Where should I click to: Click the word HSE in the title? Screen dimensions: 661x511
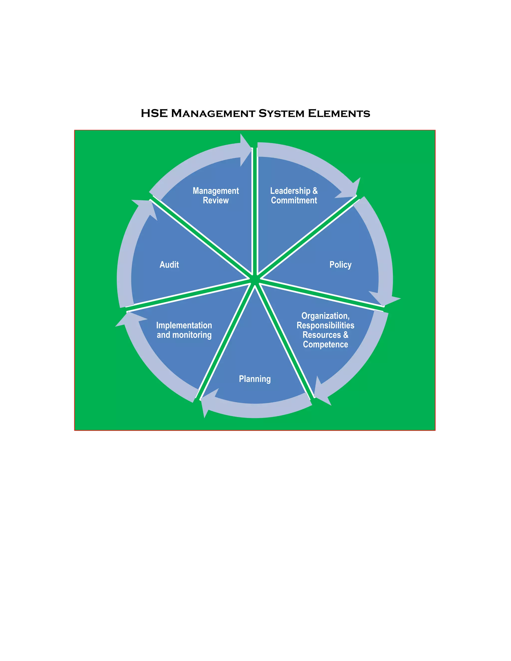154,113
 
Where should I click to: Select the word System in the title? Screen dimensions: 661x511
281,113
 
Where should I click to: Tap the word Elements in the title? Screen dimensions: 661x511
339,113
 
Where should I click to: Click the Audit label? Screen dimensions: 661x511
169,265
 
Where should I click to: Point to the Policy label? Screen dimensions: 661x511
340,265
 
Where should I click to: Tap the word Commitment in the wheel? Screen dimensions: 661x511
294,200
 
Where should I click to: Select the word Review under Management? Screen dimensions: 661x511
216,200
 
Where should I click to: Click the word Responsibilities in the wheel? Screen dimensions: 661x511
325,325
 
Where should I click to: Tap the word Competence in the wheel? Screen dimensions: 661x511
325,344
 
